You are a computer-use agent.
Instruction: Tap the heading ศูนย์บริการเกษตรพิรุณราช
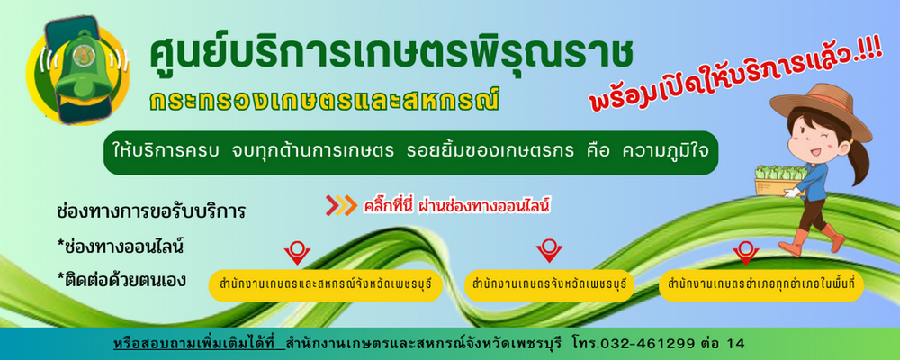pos(391,54)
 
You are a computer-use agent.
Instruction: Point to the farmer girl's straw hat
pos(820,110)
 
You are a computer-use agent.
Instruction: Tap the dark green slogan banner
pos(411,153)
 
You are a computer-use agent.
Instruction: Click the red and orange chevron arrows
pos(341,205)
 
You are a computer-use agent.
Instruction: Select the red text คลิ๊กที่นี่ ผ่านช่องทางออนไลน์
pos(457,205)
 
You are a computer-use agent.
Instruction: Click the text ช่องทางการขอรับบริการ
pos(151,211)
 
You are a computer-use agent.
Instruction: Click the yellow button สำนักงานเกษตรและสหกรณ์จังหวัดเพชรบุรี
pos(325,285)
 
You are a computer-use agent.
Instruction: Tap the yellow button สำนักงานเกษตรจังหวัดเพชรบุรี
pos(549,285)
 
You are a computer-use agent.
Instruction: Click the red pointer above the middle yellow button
pos(549,251)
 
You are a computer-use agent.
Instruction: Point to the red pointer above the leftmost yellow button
pos(297,252)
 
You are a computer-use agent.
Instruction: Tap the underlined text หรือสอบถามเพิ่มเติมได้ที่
pos(199,344)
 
